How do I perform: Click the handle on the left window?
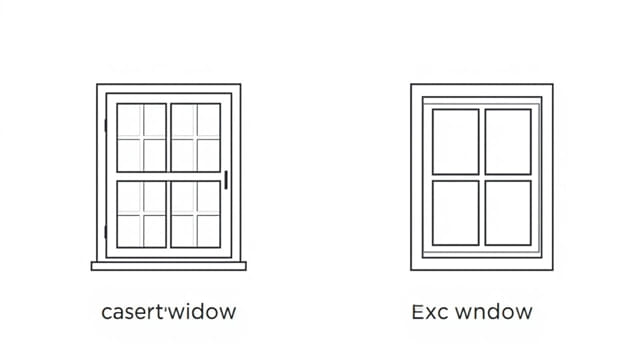point(227,180)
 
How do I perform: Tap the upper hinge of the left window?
point(105,126)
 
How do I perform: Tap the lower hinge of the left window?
point(105,232)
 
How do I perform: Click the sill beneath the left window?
point(168,266)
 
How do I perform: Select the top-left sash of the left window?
point(142,137)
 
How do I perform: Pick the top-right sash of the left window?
point(196,137)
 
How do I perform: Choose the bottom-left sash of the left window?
point(142,213)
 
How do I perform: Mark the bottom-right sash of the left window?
point(196,213)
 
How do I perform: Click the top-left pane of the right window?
point(455,141)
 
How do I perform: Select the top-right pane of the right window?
point(508,141)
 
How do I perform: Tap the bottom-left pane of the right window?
point(455,212)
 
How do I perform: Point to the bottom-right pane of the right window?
point(508,212)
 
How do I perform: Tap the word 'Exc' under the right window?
point(426,311)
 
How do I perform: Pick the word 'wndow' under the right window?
point(491,311)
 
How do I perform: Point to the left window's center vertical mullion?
point(169,175)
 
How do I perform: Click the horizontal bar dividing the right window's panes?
point(482,177)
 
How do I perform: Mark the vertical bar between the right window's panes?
point(482,140)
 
